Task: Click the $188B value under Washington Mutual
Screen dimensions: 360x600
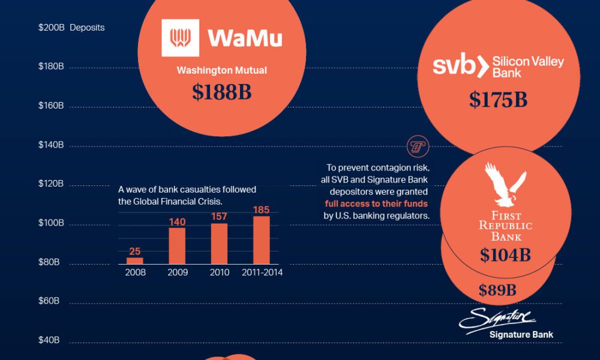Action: click(221, 92)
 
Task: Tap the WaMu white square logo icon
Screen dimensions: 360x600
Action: click(180, 38)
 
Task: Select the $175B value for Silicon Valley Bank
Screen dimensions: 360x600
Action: click(498, 100)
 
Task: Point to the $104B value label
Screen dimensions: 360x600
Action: click(505, 255)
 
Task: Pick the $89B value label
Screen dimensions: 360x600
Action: click(497, 291)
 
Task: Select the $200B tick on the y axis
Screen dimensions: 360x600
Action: click(51, 28)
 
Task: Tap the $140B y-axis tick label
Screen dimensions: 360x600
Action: click(51, 145)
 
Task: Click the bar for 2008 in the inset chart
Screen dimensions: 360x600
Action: click(135, 260)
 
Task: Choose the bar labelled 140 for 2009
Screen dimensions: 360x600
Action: click(177, 245)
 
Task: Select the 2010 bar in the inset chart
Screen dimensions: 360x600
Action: click(219, 243)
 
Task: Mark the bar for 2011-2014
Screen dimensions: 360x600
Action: click(262, 239)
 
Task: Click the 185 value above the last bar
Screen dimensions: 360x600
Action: click(262, 211)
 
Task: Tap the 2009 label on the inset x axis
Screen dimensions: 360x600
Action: click(177, 272)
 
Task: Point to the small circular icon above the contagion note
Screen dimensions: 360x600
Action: click(415, 146)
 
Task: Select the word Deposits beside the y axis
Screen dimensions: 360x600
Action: click(87, 28)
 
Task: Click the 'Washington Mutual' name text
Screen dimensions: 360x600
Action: click(221, 70)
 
